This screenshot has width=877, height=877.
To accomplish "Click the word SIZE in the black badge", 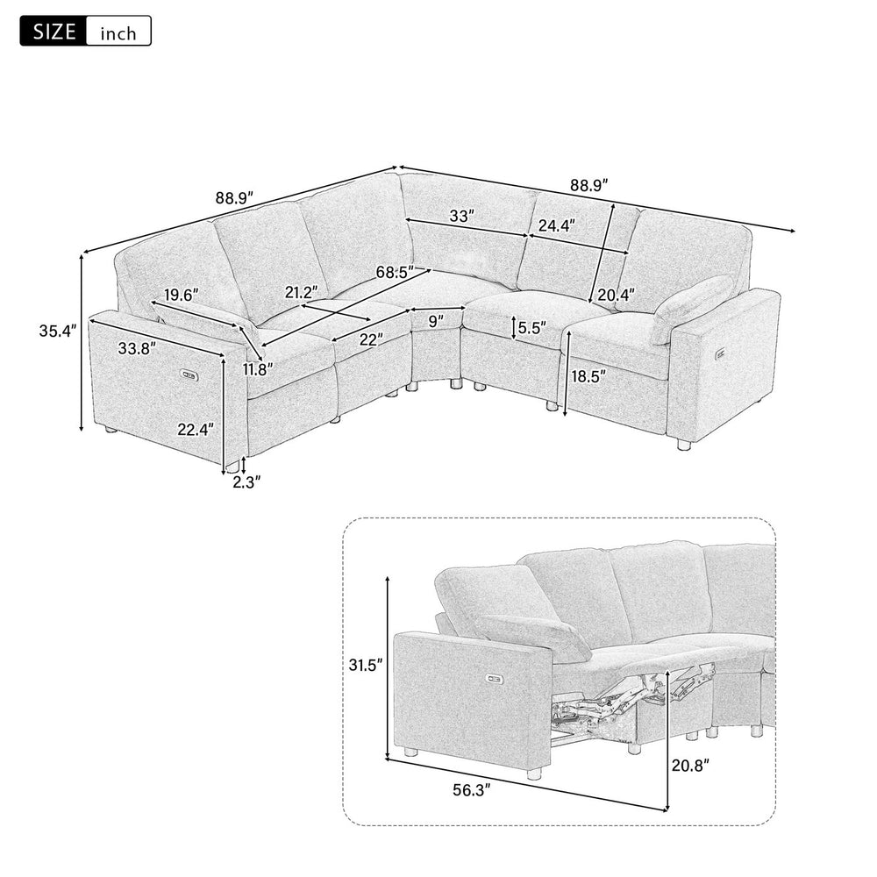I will tap(53, 32).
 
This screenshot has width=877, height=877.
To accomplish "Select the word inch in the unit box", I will tap(118, 33).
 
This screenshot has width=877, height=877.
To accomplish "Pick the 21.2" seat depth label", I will tap(300, 291).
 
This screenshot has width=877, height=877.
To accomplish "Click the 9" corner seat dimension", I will tap(435, 321).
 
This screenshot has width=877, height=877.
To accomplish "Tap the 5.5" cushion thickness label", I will tap(531, 328).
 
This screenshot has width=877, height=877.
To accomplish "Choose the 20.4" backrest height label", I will tap(617, 294).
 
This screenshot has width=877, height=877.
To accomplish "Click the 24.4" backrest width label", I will tap(557, 225).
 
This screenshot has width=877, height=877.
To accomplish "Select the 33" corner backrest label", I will tap(462, 215).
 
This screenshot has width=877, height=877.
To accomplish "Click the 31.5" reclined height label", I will tap(365, 666).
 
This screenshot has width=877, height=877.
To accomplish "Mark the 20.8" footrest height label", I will tap(690, 765).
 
